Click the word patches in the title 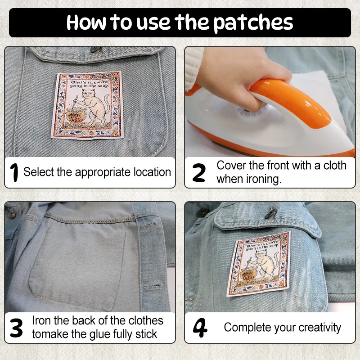tap(253, 22)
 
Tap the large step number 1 tap(14, 172)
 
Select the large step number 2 tap(199, 173)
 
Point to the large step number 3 tap(16, 328)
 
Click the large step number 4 tap(200, 328)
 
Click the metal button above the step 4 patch tap(270, 212)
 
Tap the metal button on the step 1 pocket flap tap(96, 49)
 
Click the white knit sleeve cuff tap(193, 69)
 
